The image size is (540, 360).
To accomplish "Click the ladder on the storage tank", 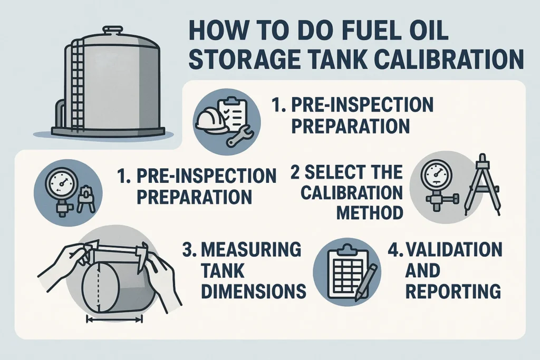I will (77, 84).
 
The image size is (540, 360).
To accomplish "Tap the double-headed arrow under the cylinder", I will (115, 319).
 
